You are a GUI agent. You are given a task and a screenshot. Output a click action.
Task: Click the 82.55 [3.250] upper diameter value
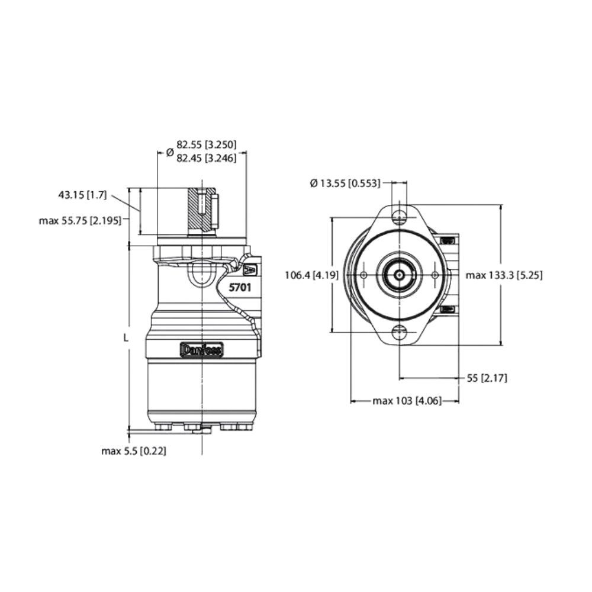point(206,144)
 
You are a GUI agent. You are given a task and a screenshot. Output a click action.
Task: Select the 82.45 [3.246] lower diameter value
point(206,158)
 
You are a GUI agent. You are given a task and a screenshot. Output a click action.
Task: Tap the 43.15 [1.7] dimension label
point(83,195)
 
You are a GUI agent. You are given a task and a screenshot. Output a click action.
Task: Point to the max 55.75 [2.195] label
point(81,220)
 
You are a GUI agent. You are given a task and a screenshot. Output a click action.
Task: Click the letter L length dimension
point(126,338)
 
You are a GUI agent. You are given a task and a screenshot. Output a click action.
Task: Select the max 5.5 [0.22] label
point(134,451)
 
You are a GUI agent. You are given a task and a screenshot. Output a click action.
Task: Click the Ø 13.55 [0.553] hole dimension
point(345,184)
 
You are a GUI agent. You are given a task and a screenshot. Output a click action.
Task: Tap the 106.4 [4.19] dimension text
point(311,275)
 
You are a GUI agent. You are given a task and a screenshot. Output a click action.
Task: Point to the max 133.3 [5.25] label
point(504,275)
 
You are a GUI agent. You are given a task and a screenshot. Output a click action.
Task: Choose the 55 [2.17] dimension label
point(487,378)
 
